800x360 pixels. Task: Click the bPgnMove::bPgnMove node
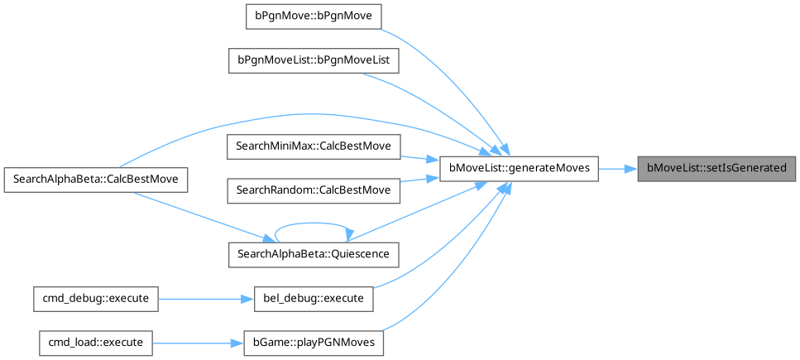click(314, 17)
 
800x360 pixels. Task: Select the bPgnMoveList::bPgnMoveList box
click(314, 60)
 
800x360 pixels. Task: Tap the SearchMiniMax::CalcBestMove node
click(314, 146)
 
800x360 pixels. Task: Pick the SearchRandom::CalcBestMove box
click(314, 190)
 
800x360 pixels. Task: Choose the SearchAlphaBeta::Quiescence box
click(314, 253)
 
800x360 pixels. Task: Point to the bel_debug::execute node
click(314, 298)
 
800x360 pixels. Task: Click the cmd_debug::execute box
click(95, 298)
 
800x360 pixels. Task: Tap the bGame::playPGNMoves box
click(314, 341)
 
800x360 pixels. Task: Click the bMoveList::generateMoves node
click(519, 168)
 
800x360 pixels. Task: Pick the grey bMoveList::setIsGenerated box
click(716, 168)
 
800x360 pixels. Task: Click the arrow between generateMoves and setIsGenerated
click(617, 168)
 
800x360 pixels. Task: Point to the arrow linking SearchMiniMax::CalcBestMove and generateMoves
click(420, 156)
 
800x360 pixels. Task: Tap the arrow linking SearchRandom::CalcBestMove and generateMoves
click(420, 181)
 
